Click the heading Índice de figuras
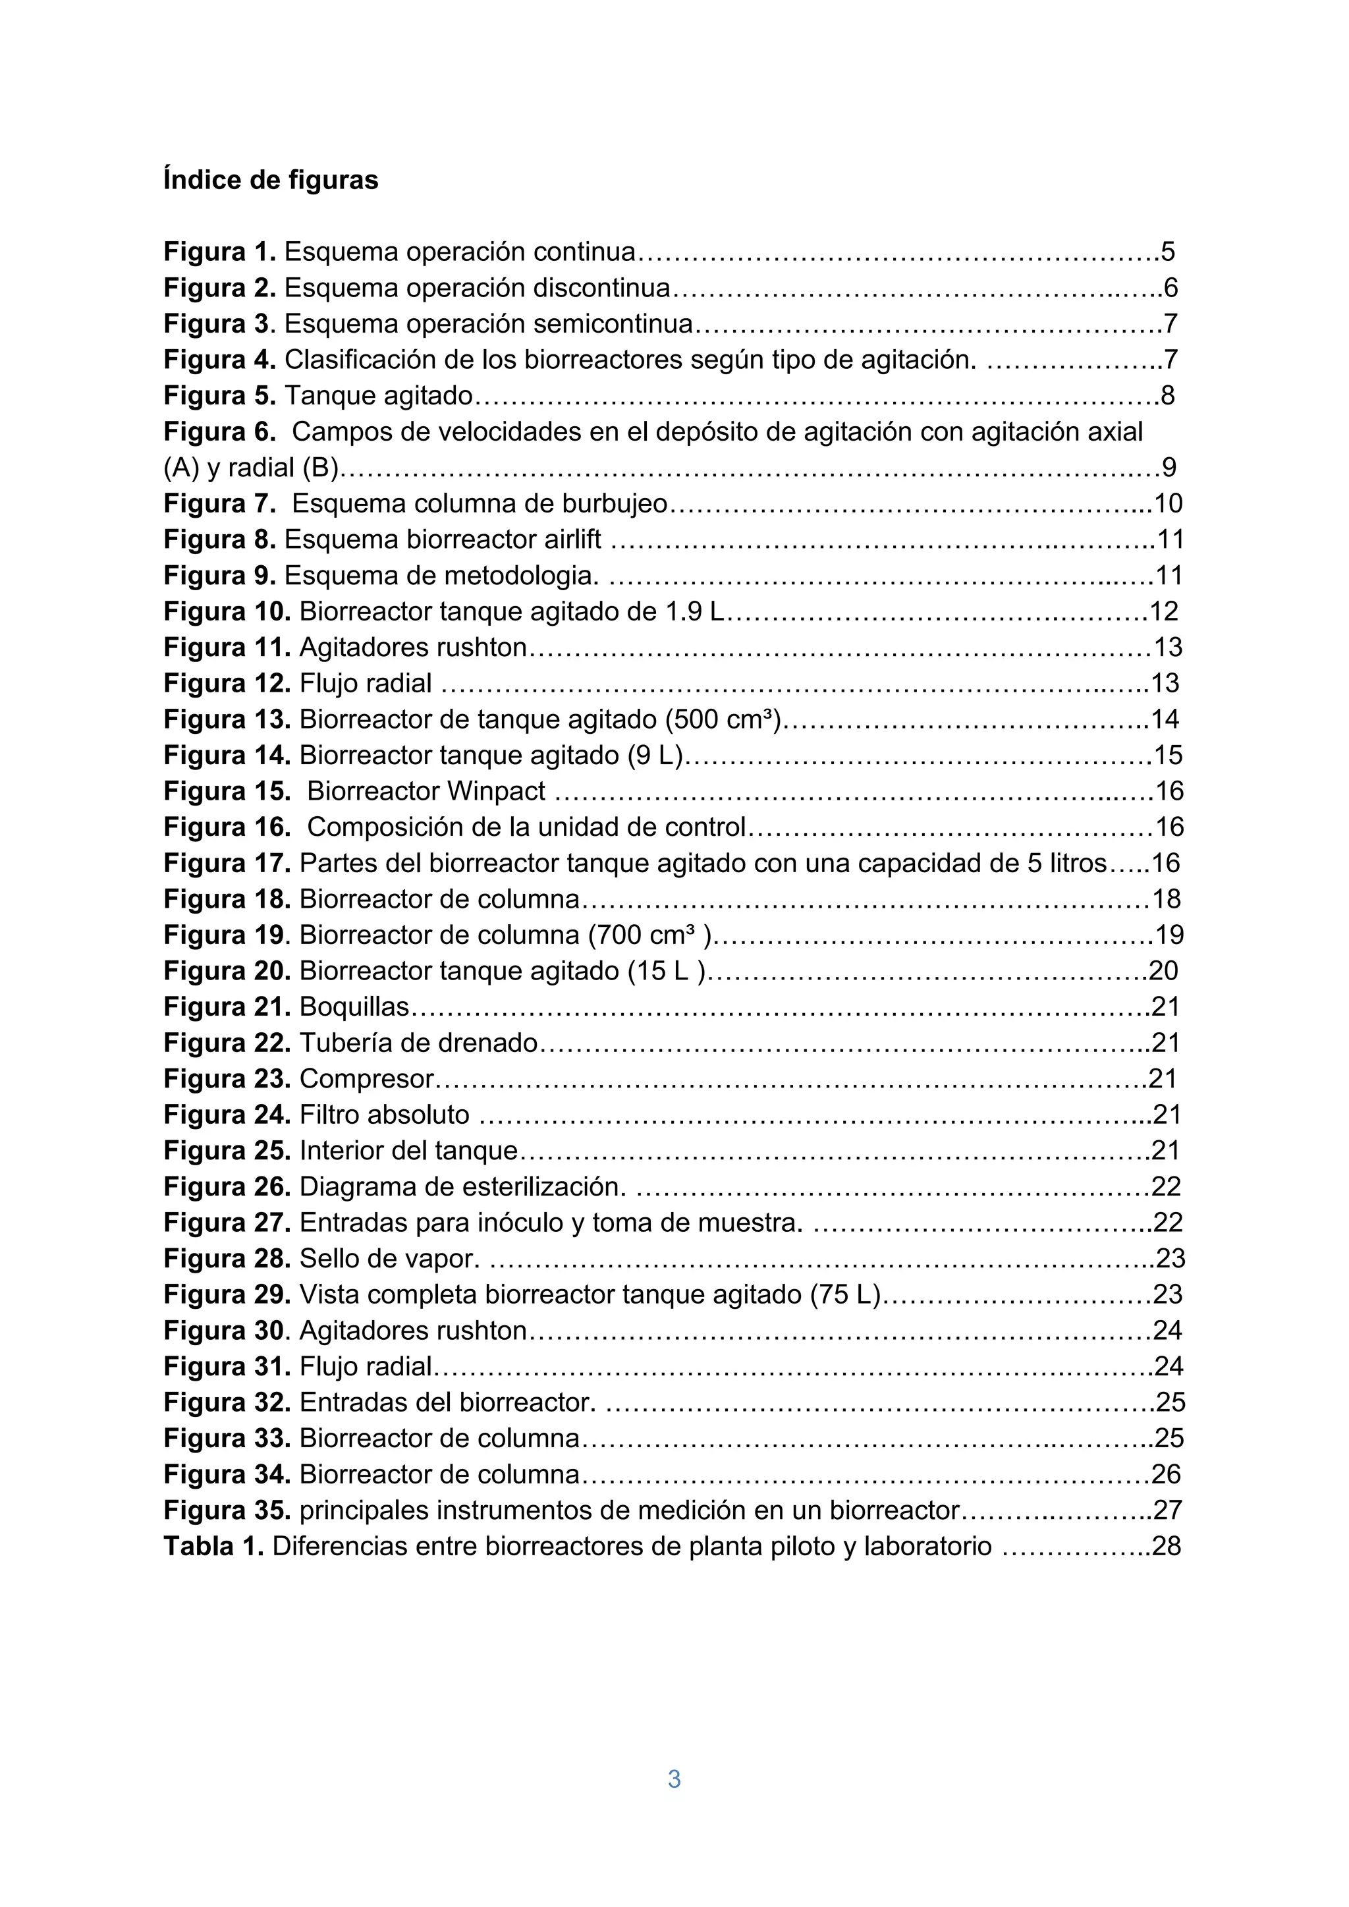tap(270, 180)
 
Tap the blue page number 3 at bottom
tap(674, 1779)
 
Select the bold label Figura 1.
tap(219, 252)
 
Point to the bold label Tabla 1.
tap(213, 1546)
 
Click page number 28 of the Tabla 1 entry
tap(1167, 1546)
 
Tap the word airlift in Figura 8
tap(572, 540)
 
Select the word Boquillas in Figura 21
tap(354, 1007)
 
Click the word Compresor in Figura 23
tap(366, 1079)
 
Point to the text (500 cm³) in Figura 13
tap(723, 719)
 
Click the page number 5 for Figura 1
tap(1168, 252)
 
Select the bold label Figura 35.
tap(227, 1510)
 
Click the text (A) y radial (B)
tap(252, 468)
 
